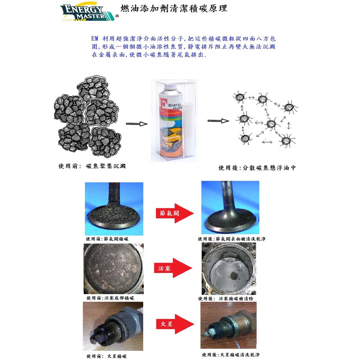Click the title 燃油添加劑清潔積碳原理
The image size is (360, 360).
tap(174, 8)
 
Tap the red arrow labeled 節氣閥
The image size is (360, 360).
tap(174, 213)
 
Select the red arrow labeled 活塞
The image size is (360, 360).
tap(173, 268)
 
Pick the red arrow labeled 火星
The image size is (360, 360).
tap(175, 324)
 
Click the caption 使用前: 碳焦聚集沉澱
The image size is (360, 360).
tap(92, 166)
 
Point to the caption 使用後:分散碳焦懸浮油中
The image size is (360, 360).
tap(257, 168)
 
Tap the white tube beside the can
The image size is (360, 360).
tap(189, 129)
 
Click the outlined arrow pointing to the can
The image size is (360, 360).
tap(137, 124)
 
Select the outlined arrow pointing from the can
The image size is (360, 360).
tap(218, 121)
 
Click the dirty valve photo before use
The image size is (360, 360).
tap(114, 209)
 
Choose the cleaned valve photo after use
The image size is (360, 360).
tap(230, 207)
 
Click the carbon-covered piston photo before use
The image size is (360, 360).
tap(114, 269)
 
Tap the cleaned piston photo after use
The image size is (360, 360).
tap(229, 269)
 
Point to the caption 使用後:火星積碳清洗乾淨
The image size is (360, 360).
tap(231, 355)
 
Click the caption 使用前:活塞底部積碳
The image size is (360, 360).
tap(110, 298)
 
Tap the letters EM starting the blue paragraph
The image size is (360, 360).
tap(95, 38)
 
